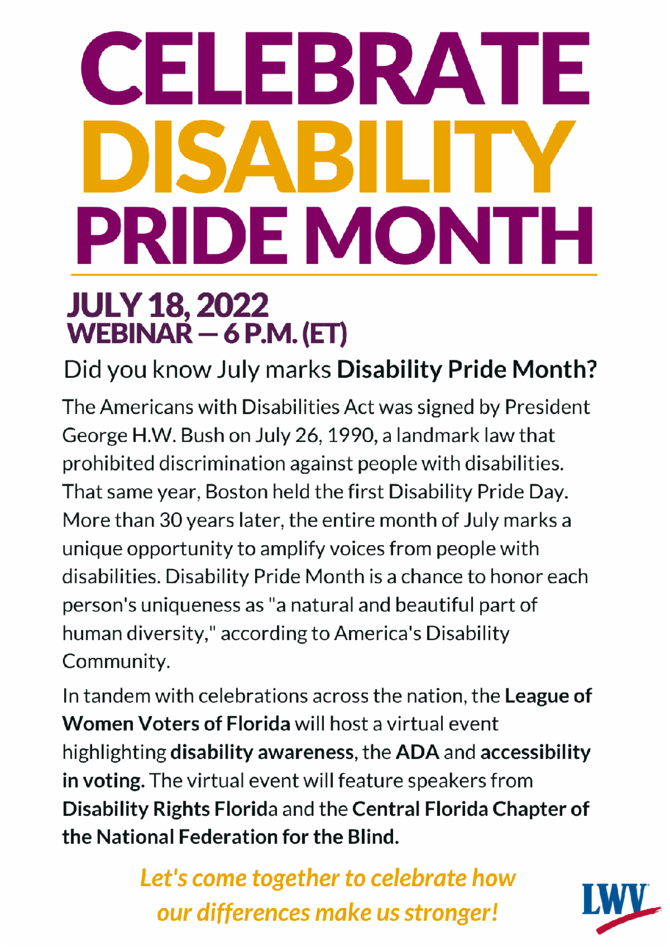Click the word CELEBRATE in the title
click(x=335, y=69)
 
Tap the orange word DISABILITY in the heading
click(x=329, y=157)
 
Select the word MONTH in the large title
click(x=452, y=236)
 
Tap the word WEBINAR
click(x=130, y=334)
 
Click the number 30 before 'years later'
click(x=171, y=521)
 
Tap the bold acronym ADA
click(x=418, y=753)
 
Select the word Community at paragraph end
click(x=116, y=661)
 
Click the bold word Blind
click(x=373, y=837)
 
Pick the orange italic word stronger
click(x=451, y=913)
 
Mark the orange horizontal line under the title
click(x=334, y=275)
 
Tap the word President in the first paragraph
click(x=547, y=407)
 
